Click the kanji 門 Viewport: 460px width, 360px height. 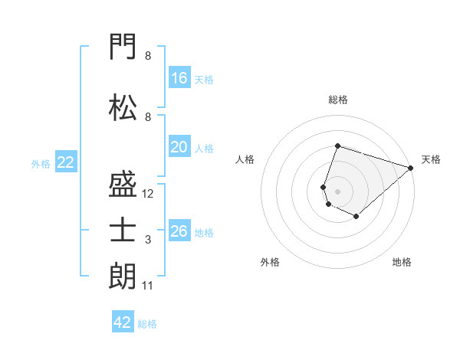coord(123,46)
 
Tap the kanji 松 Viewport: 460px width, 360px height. coord(123,107)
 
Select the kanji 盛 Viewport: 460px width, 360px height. coord(123,184)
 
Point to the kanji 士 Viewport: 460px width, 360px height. coord(123,230)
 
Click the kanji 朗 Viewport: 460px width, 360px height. coord(123,276)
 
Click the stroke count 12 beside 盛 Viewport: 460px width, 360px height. coord(147,194)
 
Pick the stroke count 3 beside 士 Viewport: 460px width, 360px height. coord(148,240)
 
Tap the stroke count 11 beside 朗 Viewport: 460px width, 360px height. coord(147,286)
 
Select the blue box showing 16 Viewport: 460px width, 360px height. coord(179,77)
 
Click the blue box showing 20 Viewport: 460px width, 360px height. coord(179,146)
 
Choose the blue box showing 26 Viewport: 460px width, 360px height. coord(179,230)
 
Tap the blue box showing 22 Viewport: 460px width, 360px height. coord(66,162)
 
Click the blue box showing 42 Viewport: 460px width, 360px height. coord(123,321)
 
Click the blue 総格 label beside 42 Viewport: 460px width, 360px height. coord(147,324)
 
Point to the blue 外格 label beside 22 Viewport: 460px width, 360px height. coord(41,164)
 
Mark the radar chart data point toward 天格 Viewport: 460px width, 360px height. coord(410,168)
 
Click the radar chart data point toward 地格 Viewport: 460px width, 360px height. coord(356,216)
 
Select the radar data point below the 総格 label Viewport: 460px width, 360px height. coord(337,146)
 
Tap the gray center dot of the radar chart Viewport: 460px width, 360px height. coord(337,191)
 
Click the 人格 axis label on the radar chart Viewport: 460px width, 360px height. coord(245,159)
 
